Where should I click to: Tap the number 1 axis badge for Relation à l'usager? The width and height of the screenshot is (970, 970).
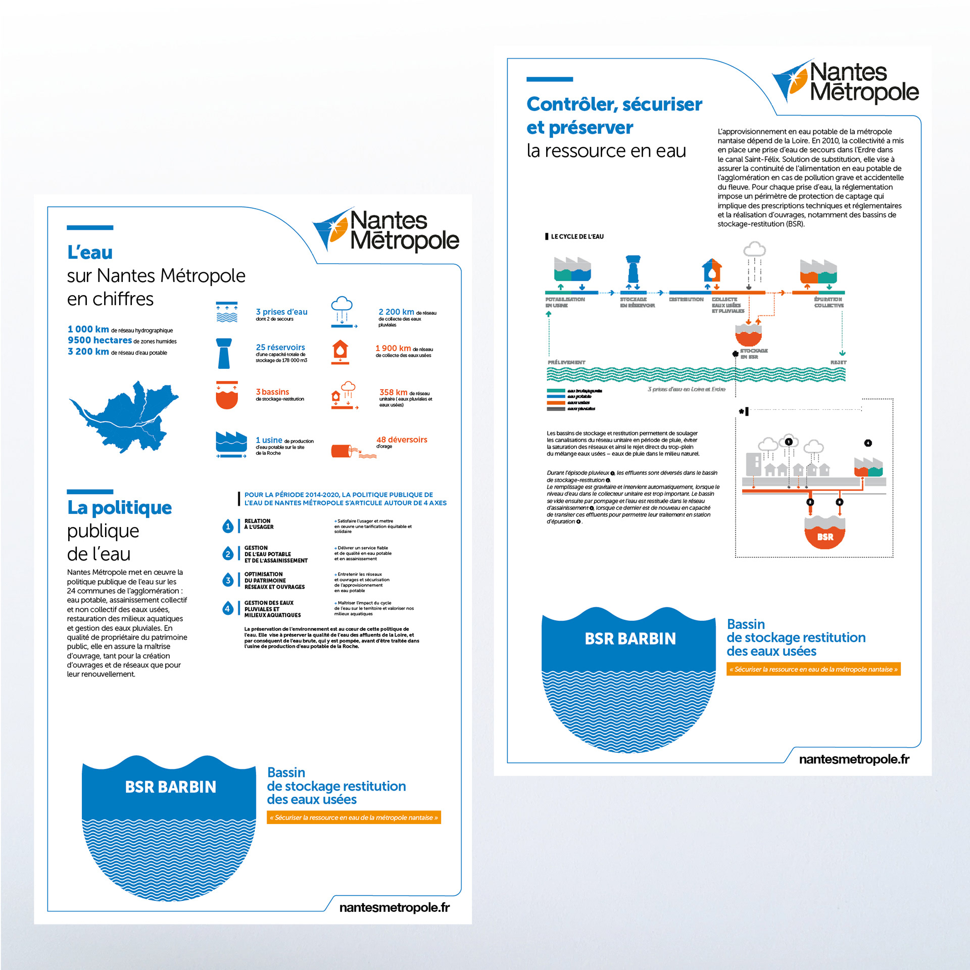point(228,526)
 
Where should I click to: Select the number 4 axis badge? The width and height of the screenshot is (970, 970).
point(228,608)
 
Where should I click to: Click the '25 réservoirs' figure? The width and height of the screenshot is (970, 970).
point(280,348)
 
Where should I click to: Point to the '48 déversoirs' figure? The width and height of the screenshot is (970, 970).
point(402,440)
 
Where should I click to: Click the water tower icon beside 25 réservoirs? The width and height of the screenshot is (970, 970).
point(224,353)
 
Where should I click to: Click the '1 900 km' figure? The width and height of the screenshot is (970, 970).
point(393,348)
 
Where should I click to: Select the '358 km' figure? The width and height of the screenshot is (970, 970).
point(393,392)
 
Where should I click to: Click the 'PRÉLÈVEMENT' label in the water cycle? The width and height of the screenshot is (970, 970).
point(566,362)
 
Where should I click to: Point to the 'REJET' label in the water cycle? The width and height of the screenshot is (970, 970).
point(838,362)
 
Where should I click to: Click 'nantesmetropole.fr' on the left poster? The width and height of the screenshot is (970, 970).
point(394,907)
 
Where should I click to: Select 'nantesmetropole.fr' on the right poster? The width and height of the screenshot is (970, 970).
point(854,759)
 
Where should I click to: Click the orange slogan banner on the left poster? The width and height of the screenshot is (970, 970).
point(354,817)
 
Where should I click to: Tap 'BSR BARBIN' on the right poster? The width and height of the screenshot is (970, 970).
point(630,639)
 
